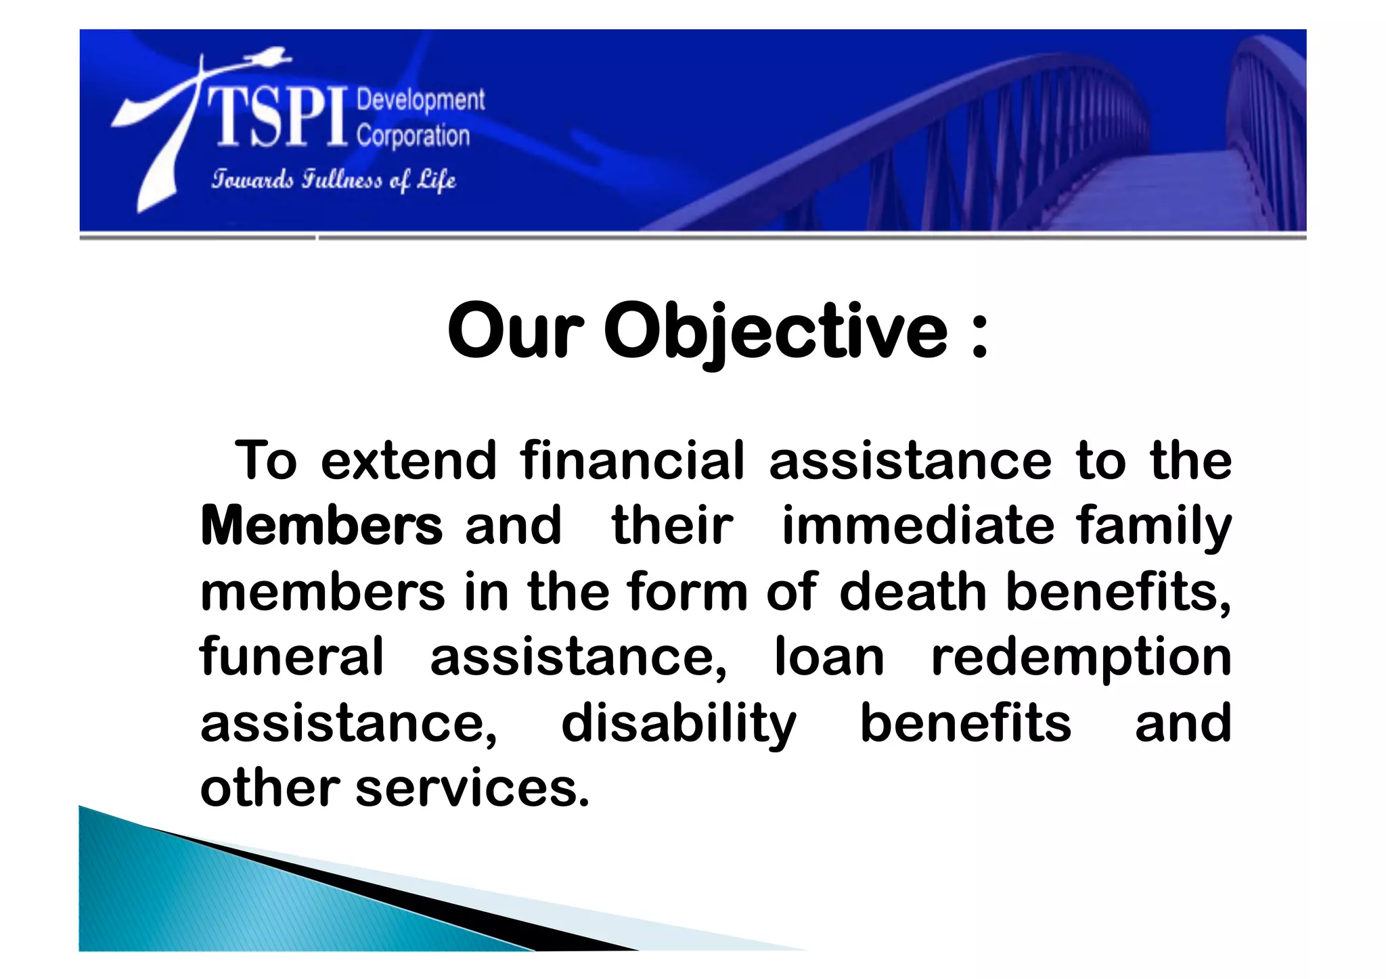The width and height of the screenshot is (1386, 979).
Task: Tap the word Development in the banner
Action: (420, 100)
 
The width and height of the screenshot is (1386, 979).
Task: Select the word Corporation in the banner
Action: (413, 136)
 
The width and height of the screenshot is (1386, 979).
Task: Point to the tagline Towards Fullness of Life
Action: (333, 180)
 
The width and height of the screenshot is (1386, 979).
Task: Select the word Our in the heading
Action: (515, 332)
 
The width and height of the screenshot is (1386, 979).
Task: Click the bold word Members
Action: (321, 526)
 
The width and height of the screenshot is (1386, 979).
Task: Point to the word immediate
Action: (918, 526)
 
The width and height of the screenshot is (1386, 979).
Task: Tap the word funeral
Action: (292, 656)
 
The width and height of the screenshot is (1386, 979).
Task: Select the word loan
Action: (829, 656)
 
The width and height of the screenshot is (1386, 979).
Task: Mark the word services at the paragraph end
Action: (472, 789)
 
